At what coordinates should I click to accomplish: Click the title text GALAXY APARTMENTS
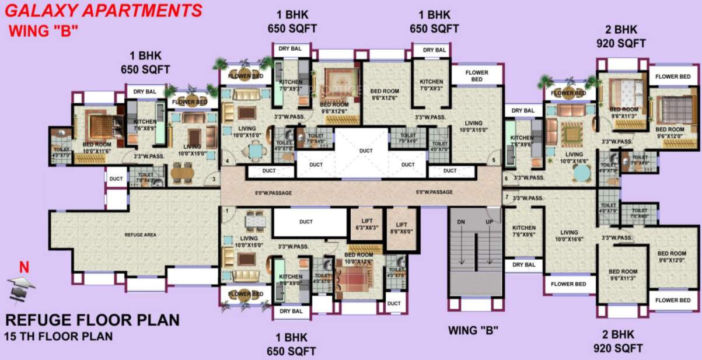pos(106,11)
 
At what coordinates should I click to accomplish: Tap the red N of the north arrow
pos(23,268)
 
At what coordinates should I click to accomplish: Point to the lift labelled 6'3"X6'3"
pos(366,224)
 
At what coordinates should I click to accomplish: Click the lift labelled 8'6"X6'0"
pos(401,228)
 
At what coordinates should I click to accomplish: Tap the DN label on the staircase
pos(460,222)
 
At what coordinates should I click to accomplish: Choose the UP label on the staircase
pos(490,222)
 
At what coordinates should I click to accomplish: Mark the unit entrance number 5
pos(494,160)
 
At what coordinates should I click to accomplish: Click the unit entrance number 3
pos(214,179)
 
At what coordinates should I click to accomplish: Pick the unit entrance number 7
pos(507,197)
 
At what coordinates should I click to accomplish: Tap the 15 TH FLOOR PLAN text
pos(58,337)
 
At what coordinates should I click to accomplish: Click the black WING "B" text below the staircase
pos(473,330)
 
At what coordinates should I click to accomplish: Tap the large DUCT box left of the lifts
pos(306,222)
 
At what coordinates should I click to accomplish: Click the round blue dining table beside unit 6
pos(581,173)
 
